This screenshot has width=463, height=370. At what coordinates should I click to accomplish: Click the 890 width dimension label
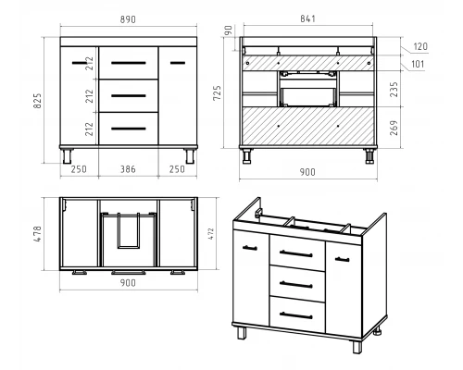128,19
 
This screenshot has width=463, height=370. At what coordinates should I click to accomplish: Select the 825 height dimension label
37,101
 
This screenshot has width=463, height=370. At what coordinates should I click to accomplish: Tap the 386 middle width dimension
128,169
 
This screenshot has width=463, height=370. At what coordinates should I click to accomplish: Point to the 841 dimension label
307,18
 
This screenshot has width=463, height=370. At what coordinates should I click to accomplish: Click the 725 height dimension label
218,92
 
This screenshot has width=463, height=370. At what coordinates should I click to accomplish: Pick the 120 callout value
420,46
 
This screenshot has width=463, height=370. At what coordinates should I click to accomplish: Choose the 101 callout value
418,64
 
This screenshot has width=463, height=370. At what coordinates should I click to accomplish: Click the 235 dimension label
394,90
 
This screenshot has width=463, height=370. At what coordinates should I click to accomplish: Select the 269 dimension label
394,128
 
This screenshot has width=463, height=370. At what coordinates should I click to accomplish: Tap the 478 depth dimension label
37,234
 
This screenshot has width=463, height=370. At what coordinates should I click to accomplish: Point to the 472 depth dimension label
211,234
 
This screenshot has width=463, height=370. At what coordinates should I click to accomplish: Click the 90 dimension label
228,31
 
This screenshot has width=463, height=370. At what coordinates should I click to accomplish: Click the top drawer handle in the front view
129,63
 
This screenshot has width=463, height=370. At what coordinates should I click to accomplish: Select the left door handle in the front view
80,63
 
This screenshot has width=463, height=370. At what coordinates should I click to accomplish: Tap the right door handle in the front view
178,63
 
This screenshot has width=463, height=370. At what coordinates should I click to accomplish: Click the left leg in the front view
67,156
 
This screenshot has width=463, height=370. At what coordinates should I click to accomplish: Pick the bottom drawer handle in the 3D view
296,315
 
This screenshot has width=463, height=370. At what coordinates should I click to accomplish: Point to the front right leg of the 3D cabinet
357,347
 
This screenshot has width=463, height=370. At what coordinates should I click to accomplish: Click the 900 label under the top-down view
128,283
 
